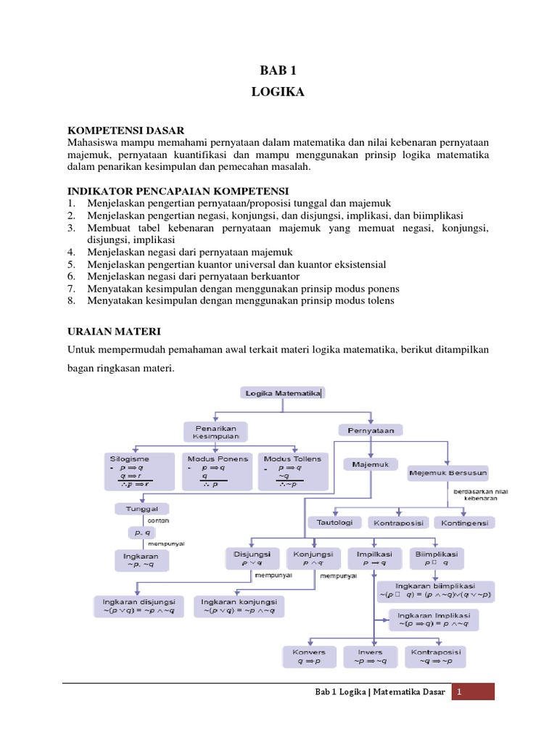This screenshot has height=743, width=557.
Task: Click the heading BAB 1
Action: [278, 70]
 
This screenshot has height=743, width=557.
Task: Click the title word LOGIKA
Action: [278, 92]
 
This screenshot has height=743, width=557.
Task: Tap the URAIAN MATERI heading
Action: [109, 331]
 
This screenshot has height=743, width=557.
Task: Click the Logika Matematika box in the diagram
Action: [283, 393]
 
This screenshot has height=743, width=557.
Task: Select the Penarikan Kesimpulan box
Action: [216, 432]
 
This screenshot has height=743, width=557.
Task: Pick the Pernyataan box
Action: [371, 430]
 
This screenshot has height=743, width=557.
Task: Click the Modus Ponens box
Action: [218, 472]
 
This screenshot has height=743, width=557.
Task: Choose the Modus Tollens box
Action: [292, 472]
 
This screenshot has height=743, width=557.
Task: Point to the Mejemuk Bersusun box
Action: [448, 473]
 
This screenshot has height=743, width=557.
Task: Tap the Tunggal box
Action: [141, 509]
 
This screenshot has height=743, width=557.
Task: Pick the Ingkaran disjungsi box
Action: [139, 606]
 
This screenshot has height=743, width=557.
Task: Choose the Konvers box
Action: [309, 656]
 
